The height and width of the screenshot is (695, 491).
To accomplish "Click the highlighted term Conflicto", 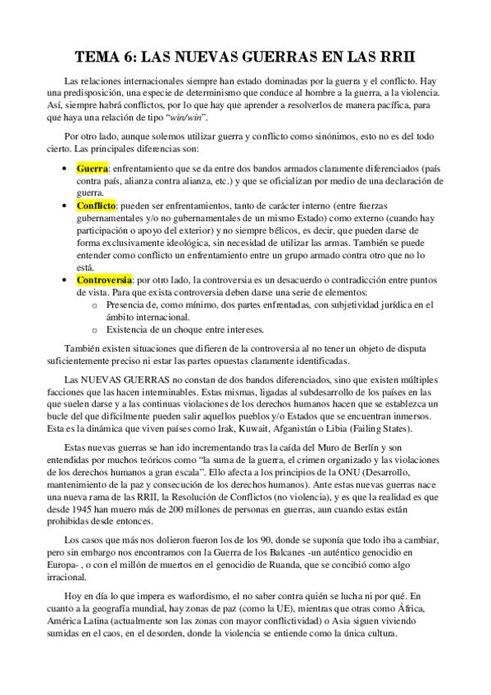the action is pyautogui.click(x=96, y=206).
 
